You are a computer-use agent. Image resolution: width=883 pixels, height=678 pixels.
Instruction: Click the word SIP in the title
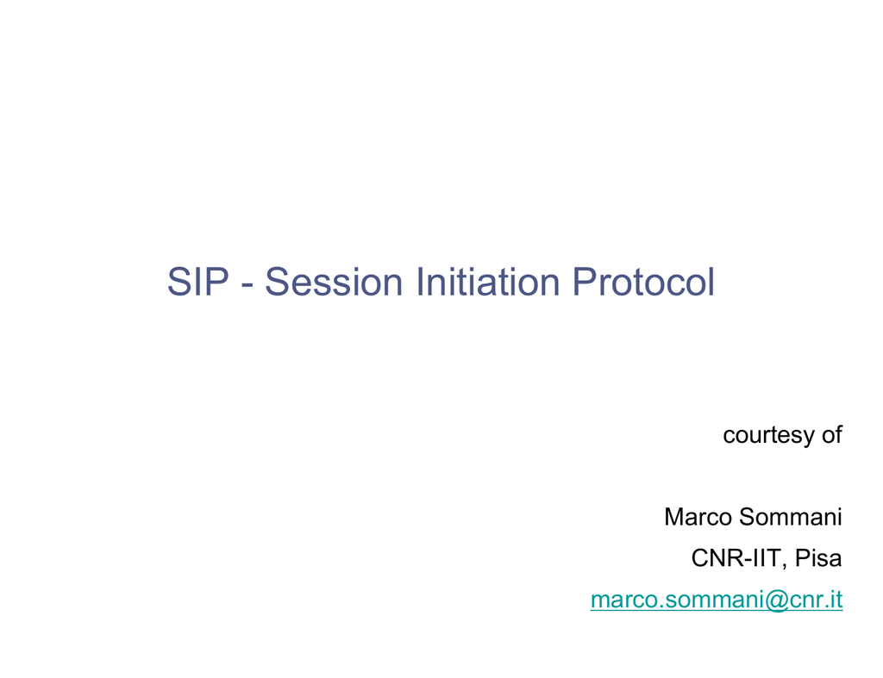pos(198,282)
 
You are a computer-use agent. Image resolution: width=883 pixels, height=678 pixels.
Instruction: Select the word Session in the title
pos(334,282)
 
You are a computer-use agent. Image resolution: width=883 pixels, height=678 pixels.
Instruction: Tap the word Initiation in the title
pos(488,282)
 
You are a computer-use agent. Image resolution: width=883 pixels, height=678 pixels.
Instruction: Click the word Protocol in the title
pos(643,282)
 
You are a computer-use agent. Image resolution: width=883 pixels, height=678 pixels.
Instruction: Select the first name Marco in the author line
pos(698,517)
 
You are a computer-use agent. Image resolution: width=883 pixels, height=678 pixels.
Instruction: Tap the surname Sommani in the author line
pos(790,517)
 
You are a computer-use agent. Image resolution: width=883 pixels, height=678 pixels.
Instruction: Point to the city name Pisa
pos(818,558)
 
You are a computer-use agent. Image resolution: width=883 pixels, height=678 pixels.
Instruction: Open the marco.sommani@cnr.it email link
pos(717,600)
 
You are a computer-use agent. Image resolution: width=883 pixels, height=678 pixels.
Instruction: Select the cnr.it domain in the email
pos(816,600)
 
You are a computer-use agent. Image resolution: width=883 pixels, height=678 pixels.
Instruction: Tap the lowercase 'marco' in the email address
pos(625,602)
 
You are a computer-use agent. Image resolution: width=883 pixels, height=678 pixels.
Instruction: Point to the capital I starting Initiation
pos(420,282)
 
